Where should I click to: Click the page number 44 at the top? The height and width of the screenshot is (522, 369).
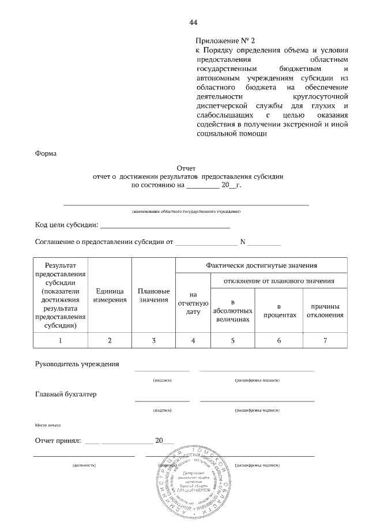pos(193,22)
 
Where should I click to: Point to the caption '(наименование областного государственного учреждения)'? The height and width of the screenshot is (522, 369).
pos(186,212)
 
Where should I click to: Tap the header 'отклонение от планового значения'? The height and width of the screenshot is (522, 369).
pos(280,281)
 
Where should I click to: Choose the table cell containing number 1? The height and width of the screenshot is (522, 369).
pos(61,340)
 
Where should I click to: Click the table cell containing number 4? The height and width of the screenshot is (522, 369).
pos(193,340)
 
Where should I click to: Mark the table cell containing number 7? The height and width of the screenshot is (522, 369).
pos(325,340)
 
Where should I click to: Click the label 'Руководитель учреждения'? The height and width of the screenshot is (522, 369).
pos(77,364)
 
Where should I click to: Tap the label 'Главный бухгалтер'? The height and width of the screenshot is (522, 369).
pos(66,395)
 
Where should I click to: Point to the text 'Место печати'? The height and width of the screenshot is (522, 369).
pos(48,425)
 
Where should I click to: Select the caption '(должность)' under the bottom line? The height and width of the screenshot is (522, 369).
pos(84,464)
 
